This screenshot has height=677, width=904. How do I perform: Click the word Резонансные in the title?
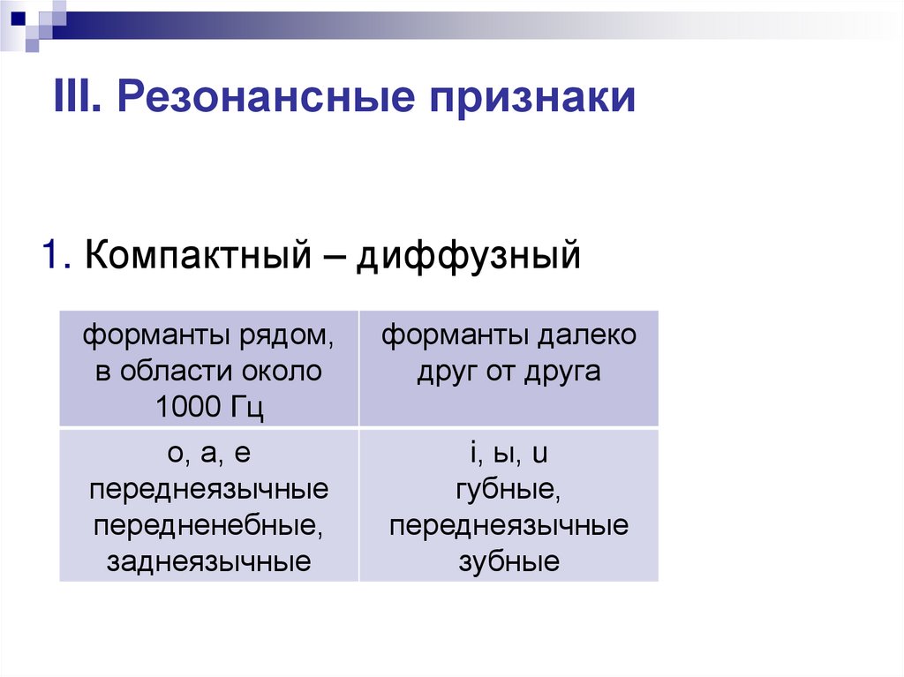tap(266, 97)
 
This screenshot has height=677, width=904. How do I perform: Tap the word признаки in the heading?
tap(533, 97)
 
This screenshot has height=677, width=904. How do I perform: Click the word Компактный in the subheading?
tap(201, 256)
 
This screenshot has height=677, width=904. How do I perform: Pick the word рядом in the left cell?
tap(285, 336)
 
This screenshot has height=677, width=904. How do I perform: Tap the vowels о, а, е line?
tap(209, 455)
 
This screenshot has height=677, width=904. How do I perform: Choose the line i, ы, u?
tap(509, 455)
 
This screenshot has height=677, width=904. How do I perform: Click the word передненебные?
tap(209, 526)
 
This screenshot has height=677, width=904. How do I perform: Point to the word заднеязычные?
tap(209, 561)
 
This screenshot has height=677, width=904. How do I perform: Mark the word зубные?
tap(508, 562)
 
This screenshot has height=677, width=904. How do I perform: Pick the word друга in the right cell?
tap(563, 372)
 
